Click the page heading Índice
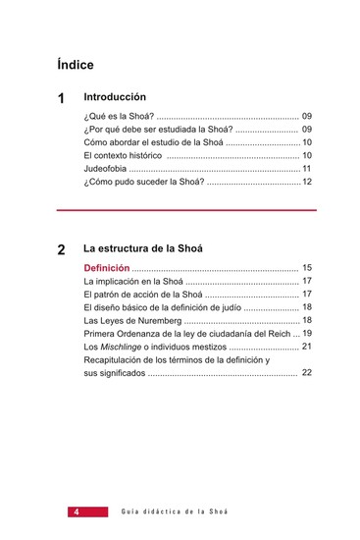(x=76, y=66)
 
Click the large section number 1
(x=62, y=99)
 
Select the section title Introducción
(x=115, y=98)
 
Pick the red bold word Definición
(x=107, y=268)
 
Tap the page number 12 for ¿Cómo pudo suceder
(x=307, y=182)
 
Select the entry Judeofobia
(x=107, y=169)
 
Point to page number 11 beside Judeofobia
(x=307, y=169)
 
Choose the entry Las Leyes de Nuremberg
(x=132, y=320)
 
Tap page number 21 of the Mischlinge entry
(x=307, y=347)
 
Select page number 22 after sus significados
(x=307, y=373)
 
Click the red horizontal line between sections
(x=186, y=210)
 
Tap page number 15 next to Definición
(x=307, y=268)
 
